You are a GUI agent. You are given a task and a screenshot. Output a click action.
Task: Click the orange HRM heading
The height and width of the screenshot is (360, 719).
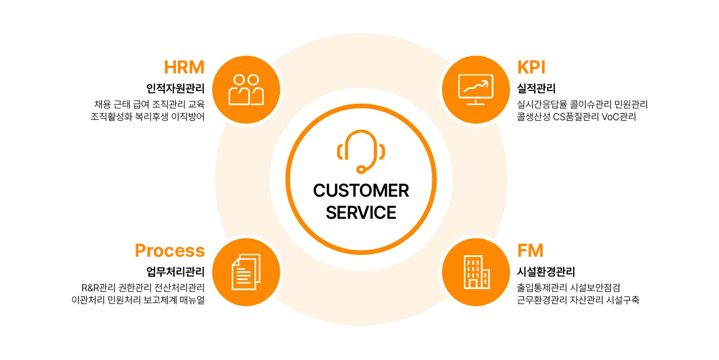click(184, 67)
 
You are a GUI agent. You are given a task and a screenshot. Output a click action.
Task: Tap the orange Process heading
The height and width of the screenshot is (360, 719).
click(169, 251)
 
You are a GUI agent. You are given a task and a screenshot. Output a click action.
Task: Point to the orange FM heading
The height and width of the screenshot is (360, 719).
click(531, 251)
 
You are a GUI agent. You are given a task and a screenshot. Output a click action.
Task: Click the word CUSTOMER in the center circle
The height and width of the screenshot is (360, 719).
click(361, 191)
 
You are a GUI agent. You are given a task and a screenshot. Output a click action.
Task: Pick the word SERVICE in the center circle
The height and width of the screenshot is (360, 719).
click(361, 213)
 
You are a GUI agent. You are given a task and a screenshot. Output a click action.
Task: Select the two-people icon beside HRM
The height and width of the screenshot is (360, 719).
click(246, 90)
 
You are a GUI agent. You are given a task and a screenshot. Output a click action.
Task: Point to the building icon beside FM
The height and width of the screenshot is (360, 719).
click(476, 272)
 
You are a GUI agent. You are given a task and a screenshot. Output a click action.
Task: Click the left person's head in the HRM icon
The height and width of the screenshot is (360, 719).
click(239, 80)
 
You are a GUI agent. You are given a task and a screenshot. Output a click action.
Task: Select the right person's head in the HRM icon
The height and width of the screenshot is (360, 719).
click(253, 80)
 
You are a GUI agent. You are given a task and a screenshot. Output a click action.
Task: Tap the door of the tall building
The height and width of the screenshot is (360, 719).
click(471, 283)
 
